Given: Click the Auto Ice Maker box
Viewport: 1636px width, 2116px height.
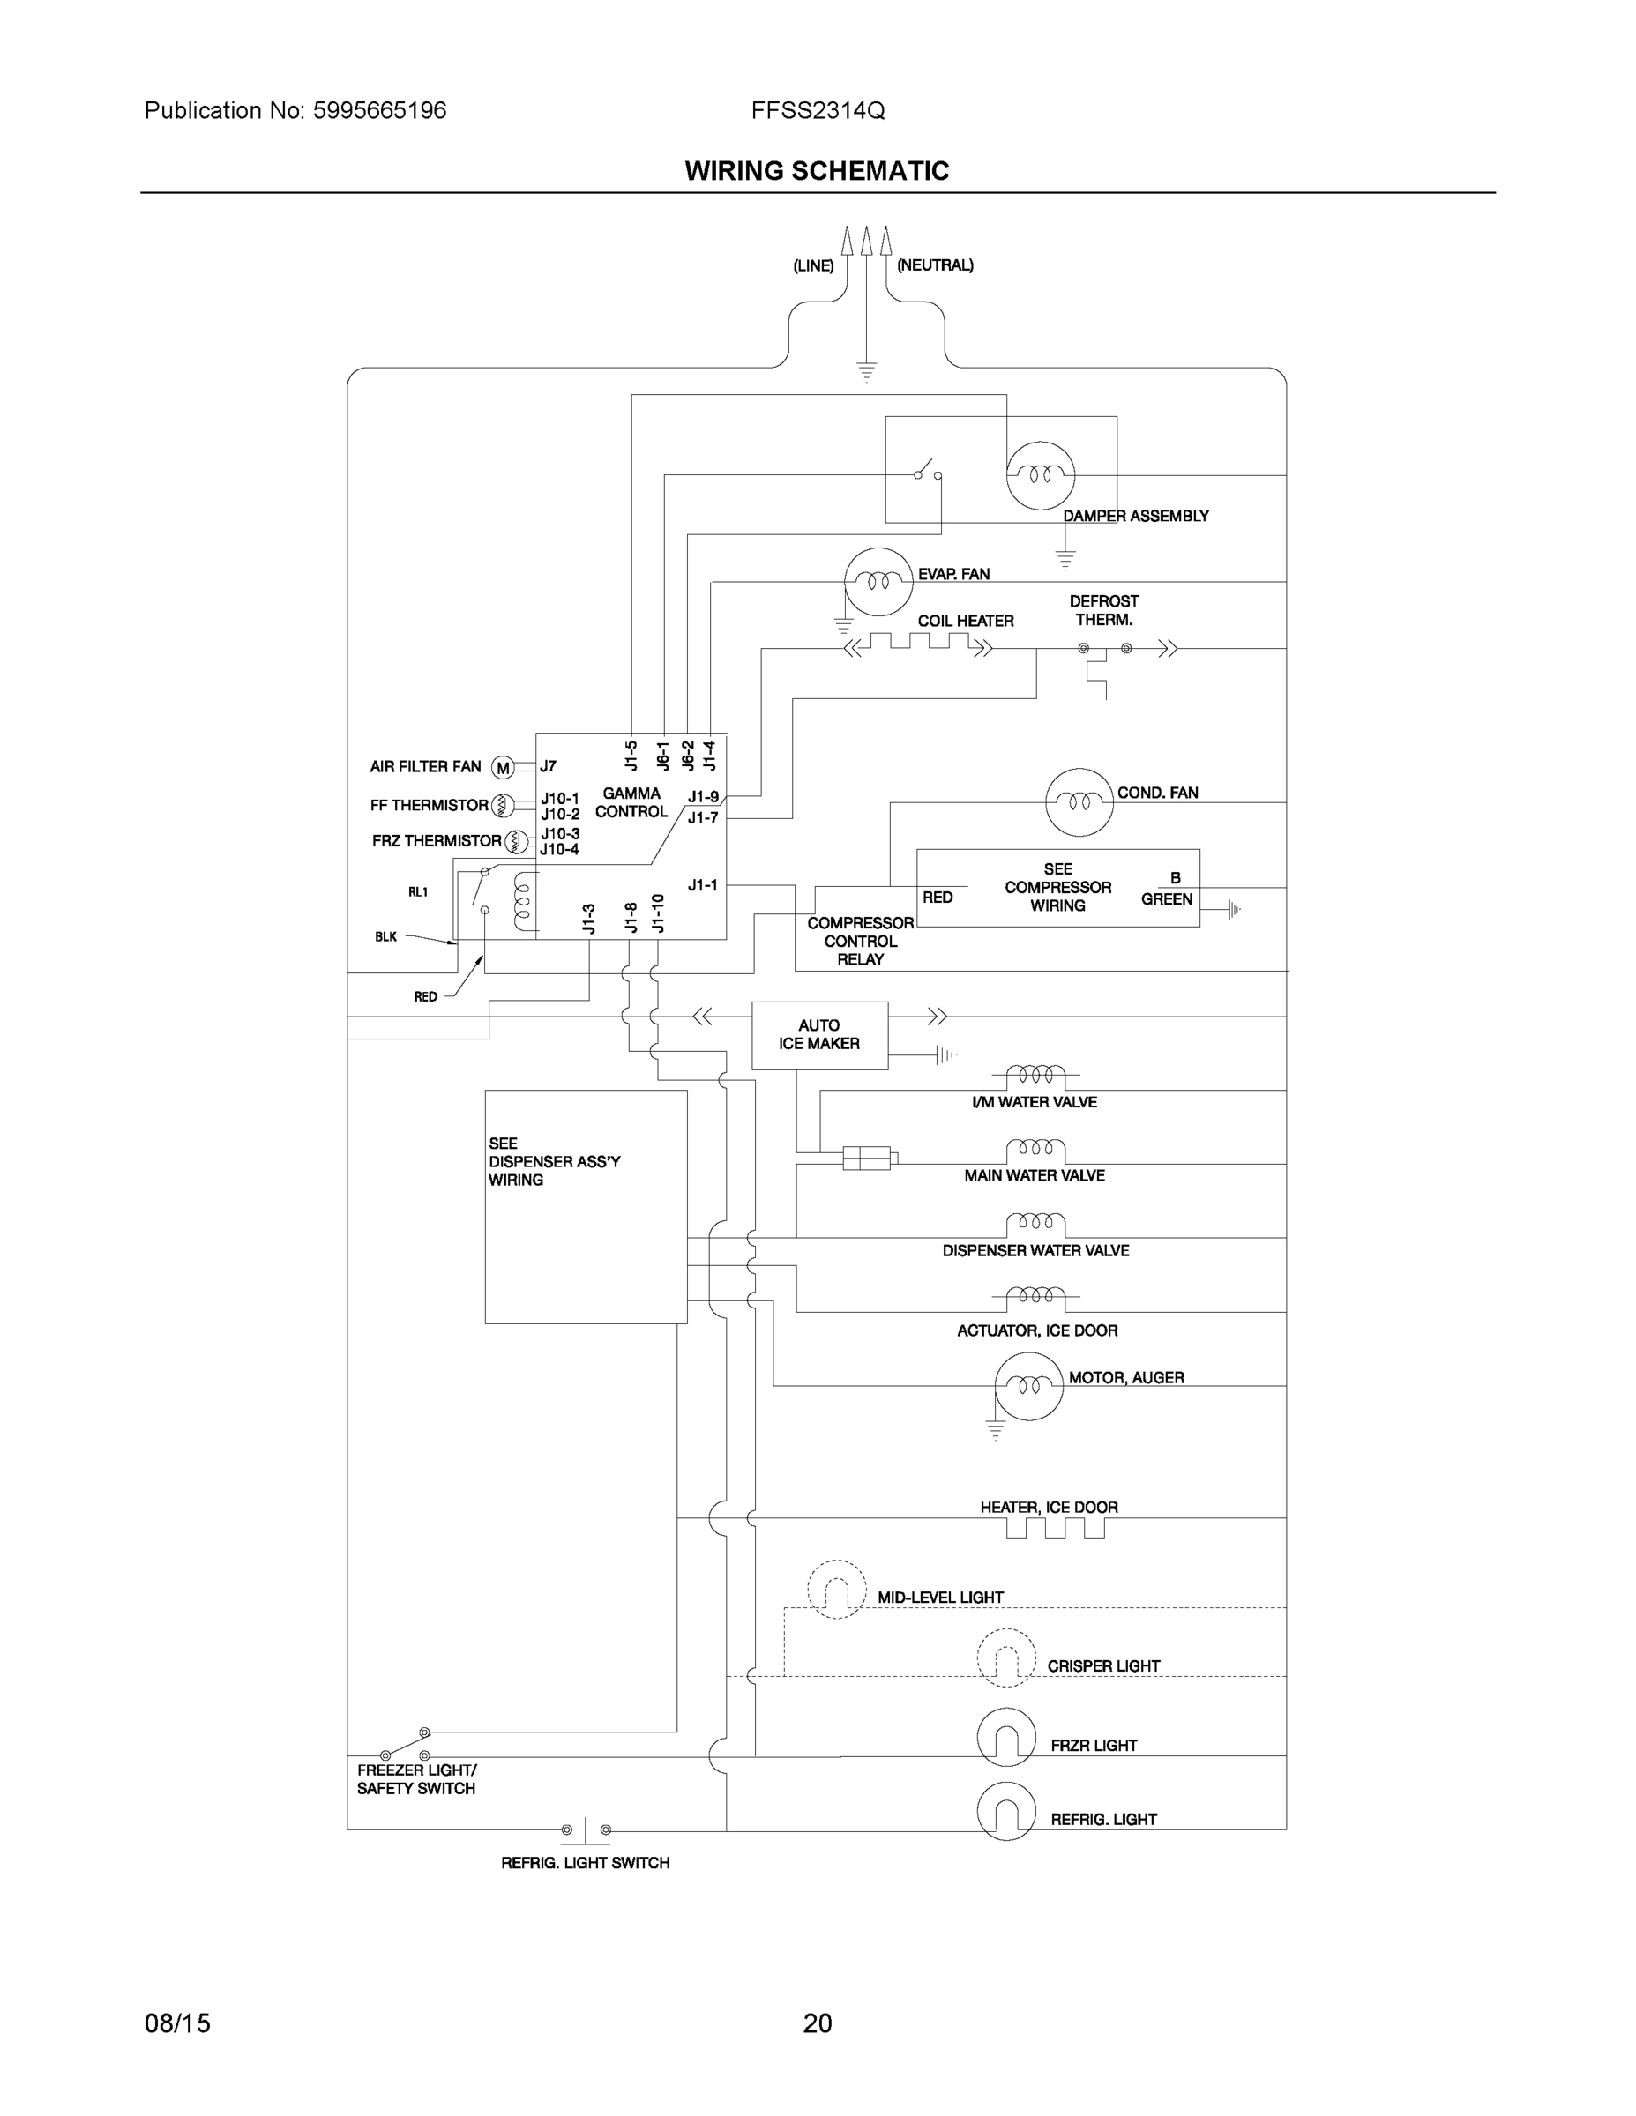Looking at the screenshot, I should tap(819, 1035).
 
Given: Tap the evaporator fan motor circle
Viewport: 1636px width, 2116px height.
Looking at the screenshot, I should tap(878, 581).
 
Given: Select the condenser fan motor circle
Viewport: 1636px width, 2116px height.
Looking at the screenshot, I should tap(1079, 801).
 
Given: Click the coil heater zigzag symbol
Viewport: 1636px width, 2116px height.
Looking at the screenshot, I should tap(919, 643).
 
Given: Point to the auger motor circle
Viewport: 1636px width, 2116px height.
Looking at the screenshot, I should tap(1028, 1385).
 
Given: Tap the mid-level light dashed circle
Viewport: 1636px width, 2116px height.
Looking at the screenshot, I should tap(835, 1589).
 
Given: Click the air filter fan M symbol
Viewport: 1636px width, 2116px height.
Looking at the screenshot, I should tap(502, 767).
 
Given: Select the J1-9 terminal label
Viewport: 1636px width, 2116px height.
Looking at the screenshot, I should tap(704, 796).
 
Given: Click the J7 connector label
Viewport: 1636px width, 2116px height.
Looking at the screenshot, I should tap(549, 766).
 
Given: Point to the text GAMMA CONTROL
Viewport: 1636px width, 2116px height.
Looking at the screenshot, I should tap(631, 802).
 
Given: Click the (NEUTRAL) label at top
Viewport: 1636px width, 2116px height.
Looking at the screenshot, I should tap(934, 264).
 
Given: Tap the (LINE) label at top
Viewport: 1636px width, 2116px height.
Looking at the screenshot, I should tap(813, 265).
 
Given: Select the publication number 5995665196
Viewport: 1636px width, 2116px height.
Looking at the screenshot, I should tap(379, 110).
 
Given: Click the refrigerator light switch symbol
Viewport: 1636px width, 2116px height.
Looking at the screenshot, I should tap(586, 1830).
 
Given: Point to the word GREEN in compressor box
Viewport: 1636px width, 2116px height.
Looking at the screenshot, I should tap(1166, 899).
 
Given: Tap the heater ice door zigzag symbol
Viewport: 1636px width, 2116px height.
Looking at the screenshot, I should tap(1055, 1528).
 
